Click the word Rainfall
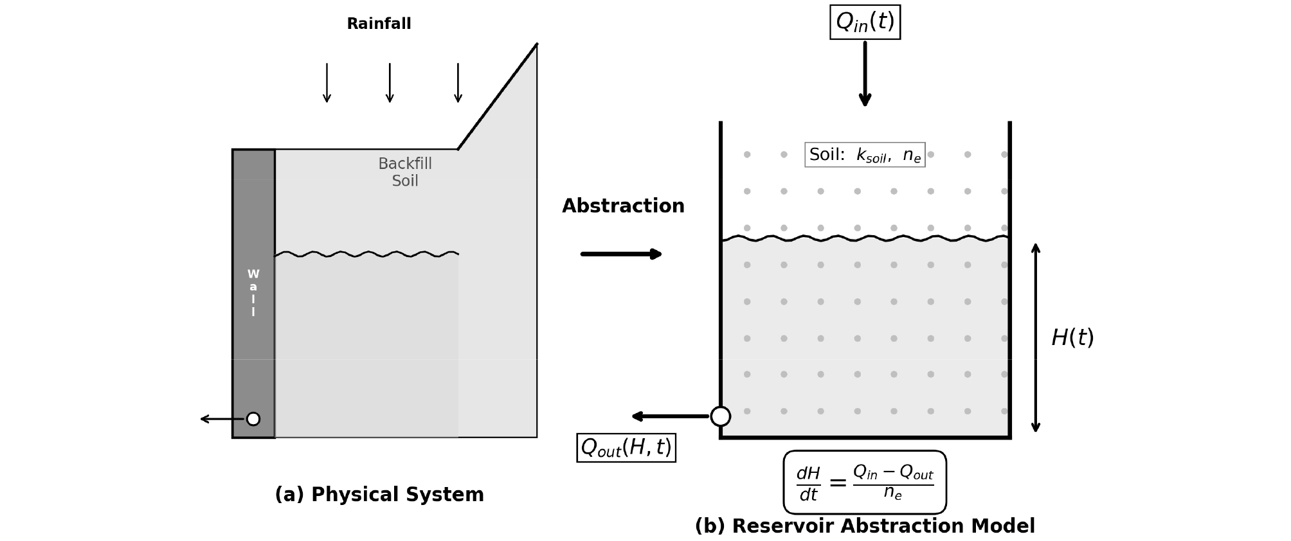pos(379,24)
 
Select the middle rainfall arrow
pos(390,82)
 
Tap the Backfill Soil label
pos(405,172)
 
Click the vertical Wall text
pos(253,293)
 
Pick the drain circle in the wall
pos(253,419)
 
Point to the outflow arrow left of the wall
pos(222,419)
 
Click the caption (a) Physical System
pos(379,495)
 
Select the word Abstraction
pos(623,206)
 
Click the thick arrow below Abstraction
pos(621,254)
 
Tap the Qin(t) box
pos(865,22)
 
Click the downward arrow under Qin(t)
pos(865,74)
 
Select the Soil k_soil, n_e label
pos(865,155)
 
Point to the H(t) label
pos(1072,338)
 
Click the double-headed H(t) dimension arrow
pos(1035,338)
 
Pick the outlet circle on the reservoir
pos(720,416)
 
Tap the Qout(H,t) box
pos(626,448)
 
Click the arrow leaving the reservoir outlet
pos(670,416)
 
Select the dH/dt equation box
pos(865,483)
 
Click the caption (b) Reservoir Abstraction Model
pos(865,526)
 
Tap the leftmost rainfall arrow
pos(327,82)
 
